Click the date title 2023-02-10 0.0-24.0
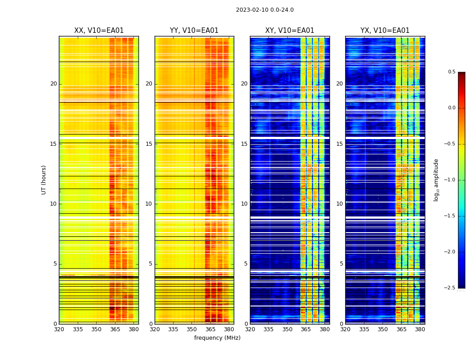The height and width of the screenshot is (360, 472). tap(265, 10)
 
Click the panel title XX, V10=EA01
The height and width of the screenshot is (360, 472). tap(99, 31)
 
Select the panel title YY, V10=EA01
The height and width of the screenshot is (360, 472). tap(194, 31)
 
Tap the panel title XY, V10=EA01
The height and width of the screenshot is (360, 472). tap(289, 31)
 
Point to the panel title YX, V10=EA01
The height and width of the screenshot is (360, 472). tap(385, 31)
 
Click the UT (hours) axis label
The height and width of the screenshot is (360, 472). tap(44, 180)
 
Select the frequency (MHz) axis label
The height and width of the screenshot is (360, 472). tap(217, 338)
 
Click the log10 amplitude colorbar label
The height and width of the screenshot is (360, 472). tap(436, 180)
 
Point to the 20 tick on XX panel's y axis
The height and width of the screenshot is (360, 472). tap(53, 84)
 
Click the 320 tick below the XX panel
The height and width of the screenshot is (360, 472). tap(59, 329)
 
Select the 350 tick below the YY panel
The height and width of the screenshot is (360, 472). tap(192, 329)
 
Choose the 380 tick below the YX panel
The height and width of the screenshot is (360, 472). tap(420, 329)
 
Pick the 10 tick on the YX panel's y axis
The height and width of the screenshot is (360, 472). tap(339, 204)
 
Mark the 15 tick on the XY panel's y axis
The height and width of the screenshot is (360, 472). tap(244, 144)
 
